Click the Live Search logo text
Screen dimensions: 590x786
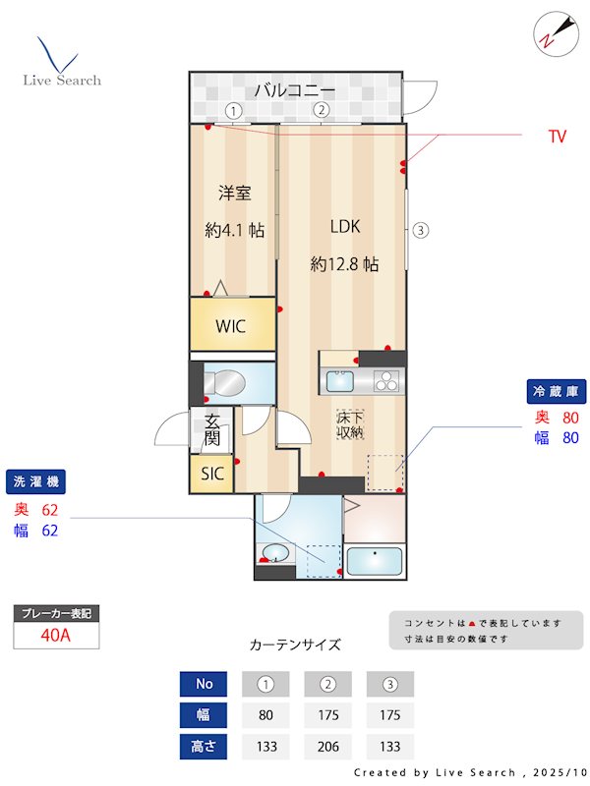[62, 81]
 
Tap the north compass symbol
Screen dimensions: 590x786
[556, 34]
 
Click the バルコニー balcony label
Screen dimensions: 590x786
[294, 90]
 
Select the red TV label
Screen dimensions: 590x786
[557, 137]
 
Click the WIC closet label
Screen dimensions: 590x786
[231, 326]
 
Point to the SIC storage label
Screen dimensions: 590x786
[212, 474]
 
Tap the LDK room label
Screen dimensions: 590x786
[345, 227]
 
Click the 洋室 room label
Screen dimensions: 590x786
[234, 193]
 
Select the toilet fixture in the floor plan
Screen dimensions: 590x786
[224, 383]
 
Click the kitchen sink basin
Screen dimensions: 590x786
[339, 381]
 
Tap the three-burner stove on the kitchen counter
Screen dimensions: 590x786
[386, 381]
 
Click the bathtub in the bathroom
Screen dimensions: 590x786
[375, 561]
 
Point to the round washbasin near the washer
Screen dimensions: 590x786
[275, 553]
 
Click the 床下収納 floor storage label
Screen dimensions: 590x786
[350, 425]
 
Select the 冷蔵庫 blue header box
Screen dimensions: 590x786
[557, 391]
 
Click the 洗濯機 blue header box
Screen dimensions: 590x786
[35, 482]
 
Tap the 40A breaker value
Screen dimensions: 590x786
[56, 635]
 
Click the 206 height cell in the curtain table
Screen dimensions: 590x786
[328, 747]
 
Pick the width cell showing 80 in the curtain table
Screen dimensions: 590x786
[265, 715]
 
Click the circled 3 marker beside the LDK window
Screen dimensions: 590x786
[421, 231]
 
